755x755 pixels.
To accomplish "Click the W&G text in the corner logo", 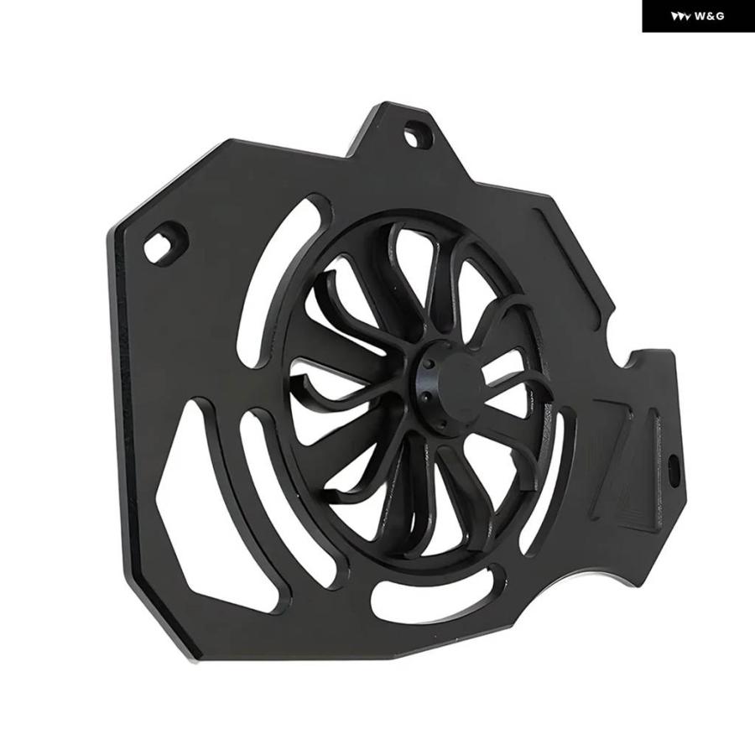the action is pos(709,17).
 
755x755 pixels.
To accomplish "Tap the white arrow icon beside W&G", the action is pos(681,17).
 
